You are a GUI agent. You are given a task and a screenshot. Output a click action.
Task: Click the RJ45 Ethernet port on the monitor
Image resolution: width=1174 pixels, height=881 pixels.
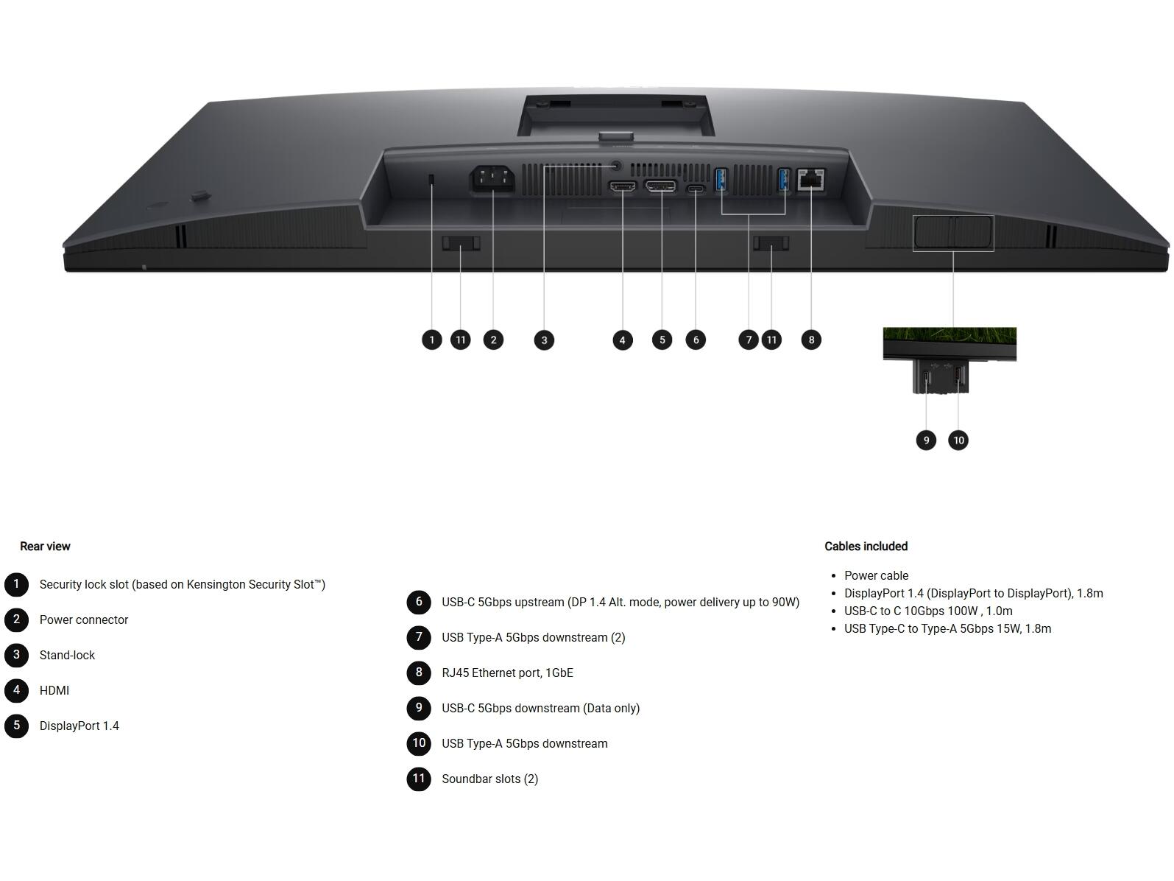pos(810,179)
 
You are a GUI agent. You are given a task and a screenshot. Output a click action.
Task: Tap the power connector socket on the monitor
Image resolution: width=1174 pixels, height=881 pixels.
pos(492,179)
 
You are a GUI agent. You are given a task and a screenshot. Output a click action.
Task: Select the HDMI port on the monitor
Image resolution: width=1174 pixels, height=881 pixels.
pos(623,187)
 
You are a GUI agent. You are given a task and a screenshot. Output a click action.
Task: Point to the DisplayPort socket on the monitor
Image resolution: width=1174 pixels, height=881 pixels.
pos(660,186)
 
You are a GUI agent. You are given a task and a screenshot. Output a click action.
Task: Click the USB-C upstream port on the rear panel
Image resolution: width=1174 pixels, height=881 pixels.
pos(696,189)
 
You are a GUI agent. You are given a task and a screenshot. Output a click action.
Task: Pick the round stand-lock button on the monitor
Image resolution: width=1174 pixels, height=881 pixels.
pos(617,166)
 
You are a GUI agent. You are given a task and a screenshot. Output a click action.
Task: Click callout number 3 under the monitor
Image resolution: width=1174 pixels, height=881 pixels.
pos(544,340)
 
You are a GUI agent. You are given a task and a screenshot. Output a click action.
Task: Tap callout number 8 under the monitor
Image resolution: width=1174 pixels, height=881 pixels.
pos(811,340)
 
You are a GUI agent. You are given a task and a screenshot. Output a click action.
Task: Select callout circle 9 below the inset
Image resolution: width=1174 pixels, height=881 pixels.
pos(926,440)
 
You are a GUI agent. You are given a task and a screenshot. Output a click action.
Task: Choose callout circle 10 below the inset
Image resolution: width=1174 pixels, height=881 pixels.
pos(958,440)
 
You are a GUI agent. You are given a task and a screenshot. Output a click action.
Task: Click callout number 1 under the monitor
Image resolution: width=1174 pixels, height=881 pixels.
pos(431,340)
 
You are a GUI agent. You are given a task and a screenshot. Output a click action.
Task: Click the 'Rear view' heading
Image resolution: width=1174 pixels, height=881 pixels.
pos(45,546)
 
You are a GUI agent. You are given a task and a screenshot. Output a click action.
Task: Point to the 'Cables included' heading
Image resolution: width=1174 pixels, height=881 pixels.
pos(866,546)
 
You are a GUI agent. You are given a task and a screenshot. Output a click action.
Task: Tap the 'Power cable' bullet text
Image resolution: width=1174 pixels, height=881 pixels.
pos(876,575)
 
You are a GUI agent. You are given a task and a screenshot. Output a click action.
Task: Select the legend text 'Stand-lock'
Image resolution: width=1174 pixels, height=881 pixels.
pos(67,655)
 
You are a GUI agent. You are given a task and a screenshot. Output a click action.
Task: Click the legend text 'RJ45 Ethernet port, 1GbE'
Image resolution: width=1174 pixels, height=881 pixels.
pos(507,673)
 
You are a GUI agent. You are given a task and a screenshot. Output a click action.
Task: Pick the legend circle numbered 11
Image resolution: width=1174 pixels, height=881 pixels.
pos(418,778)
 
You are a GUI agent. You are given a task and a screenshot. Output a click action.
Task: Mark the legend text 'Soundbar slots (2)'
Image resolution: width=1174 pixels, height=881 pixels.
pos(489,779)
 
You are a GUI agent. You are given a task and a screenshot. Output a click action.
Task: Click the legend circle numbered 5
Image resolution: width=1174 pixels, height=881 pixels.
pos(17,726)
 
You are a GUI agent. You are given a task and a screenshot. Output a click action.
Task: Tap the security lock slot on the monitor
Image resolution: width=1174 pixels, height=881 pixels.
pos(431,180)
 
